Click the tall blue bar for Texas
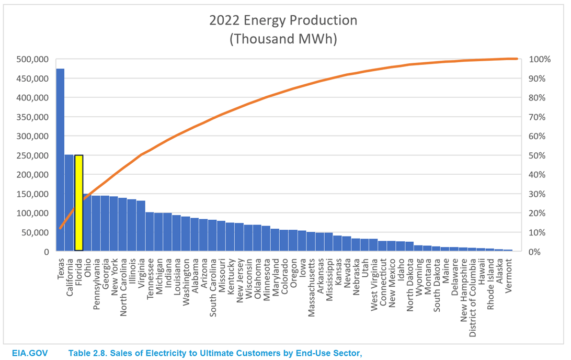(60, 160)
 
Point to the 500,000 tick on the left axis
(32, 59)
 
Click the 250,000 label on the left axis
(32, 155)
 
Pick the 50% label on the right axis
(539, 155)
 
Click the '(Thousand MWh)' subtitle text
(283, 39)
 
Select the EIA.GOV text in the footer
(30, 353)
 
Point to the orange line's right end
(516, 59)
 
